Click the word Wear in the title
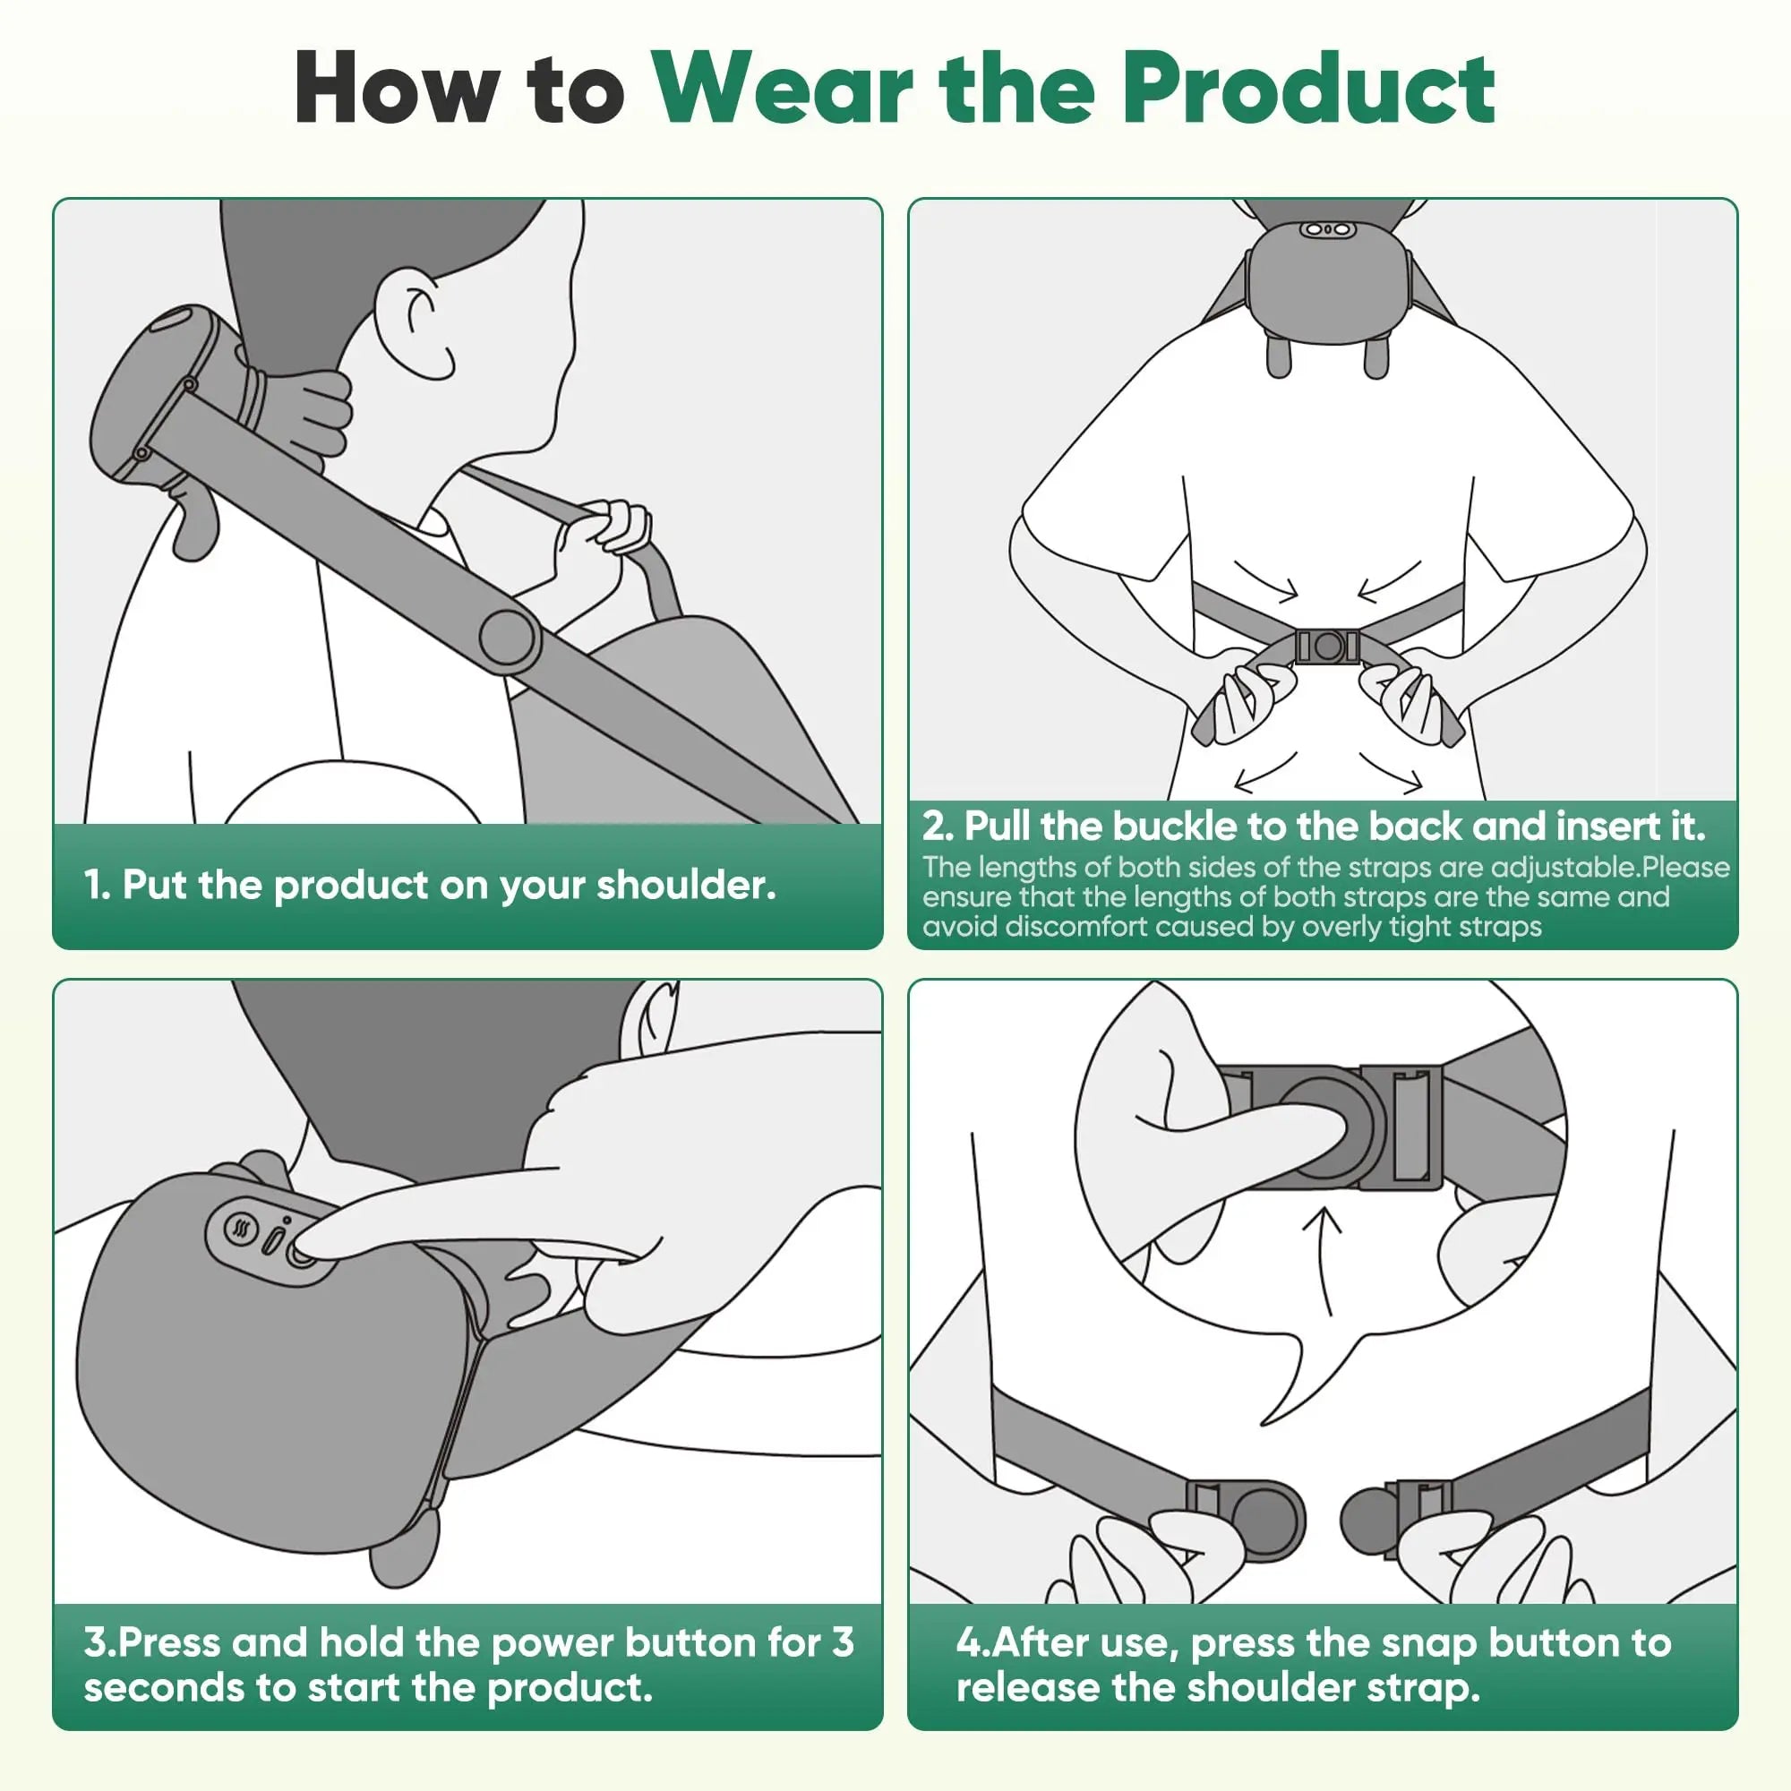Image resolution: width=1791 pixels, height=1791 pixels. click(784, 90)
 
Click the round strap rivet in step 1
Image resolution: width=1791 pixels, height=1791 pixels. click(508, 638)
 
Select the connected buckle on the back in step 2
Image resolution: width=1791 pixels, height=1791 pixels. click(1326, 647)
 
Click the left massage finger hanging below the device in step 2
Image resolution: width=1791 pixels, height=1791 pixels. click(1279, 357)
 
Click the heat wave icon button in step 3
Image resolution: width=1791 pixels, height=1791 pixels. click(242, 1231)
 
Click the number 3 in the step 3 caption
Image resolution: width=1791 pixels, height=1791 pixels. click(842, 1642)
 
